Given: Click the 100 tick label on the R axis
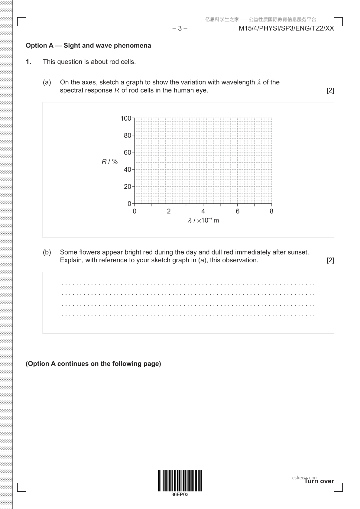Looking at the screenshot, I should click(x=126, y=118).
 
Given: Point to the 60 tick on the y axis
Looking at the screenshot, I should click(x=128, y=152).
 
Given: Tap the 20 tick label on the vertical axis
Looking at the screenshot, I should click(x=128, y=186).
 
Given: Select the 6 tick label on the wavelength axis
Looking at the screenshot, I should click(x=238, y=211).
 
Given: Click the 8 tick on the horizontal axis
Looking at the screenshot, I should click(x=271, y=211).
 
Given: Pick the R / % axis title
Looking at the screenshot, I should click(x=110, y=161).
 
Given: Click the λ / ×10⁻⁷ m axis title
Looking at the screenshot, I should click(x=203, y=220).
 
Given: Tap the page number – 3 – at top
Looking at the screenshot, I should click(x=180, y=28).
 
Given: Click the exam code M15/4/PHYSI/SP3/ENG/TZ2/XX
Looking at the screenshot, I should click(x=286, y=28).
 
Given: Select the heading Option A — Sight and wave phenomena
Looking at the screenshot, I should click(x=88, y=46).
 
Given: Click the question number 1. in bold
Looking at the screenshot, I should click(x=28, y=62).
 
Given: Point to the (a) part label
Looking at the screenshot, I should click(x=47, y=82).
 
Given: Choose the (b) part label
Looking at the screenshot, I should click(x=47, y=252).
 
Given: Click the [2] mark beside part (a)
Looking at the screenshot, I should click(x=330, y=90).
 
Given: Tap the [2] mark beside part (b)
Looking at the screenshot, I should click(x=330, y=260).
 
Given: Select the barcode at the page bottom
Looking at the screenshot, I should click(x=180, y=480).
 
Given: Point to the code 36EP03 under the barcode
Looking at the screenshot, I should click(x=180, y=494).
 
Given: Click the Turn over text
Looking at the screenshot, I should click(x=319, y=481).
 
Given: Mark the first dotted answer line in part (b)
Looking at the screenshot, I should click(x=188, y=284).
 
